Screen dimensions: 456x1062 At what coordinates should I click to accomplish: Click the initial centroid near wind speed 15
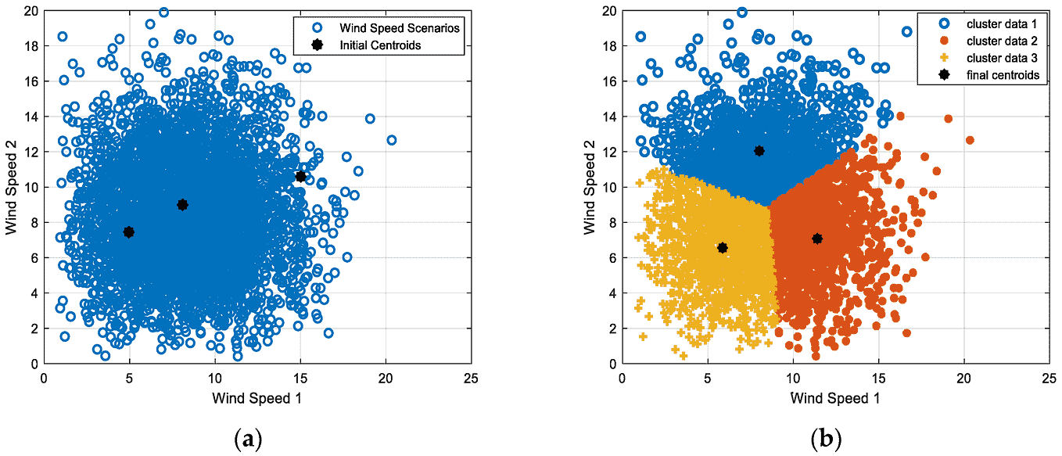pyautogui.click(x=300, y=177)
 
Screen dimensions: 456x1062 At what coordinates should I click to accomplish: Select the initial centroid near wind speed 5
pyautogui.click(x=129, y=232)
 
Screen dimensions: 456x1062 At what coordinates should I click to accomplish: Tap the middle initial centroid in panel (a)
pyautogui.click(x=182, y=204)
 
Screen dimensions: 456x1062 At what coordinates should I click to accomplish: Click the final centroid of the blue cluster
pyautogui.click(x=759, y=151)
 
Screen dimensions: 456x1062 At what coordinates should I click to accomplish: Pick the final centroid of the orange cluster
pyautogui.click(x=817, y=239)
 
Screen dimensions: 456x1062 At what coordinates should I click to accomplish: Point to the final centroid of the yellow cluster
pyautogui.click(x=723, y=248)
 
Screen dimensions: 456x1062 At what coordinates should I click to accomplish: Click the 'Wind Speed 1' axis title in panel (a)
pyautogui.click(x=257, y=397)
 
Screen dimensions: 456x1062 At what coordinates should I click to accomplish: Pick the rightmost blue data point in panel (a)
pyautogui.click(x=392, y=140)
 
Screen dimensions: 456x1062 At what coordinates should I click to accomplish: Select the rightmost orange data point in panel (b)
pyautogui.click(x=970, y=140)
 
